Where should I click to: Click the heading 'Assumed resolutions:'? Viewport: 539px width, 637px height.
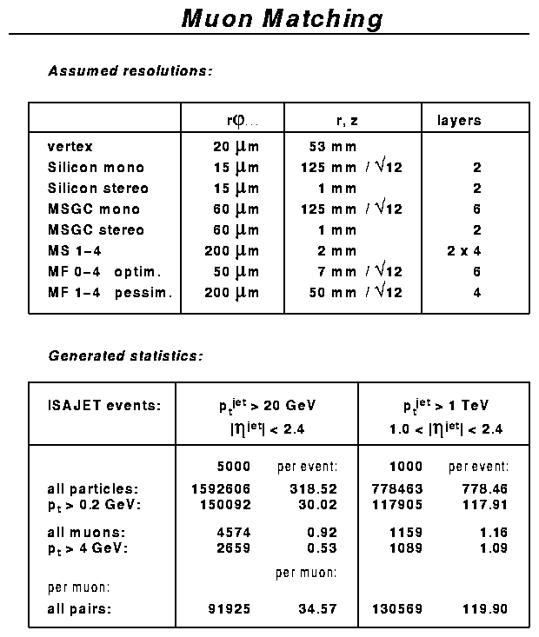[x=130, y=71]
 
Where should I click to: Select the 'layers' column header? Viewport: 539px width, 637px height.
[x=458, y=121]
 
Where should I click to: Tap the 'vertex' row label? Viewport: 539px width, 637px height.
[x=70, y=147]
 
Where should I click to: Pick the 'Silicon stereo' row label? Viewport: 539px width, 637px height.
[x=98, y=189]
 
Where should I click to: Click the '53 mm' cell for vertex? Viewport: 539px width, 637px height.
[x=332, y=147]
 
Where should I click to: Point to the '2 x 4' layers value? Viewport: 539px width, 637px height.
[x=463, y=251]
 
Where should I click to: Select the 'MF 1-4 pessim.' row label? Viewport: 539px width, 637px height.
[x=110, y=293]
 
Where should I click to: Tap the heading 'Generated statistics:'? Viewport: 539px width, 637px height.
[x=125, y=355]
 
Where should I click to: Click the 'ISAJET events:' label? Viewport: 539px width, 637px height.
[x=104, y=405]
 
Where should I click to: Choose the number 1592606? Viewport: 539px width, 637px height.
[x=221, y=489]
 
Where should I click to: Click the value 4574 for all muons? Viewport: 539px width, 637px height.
[x=232, y=531]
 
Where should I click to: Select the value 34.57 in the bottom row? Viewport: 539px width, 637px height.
[x=317, y=609]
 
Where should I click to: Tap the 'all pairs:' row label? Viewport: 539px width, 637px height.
[x=80, y=609]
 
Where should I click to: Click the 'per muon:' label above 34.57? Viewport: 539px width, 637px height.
[x=307, y=573]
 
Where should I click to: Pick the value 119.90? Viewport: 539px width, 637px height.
[x=487, y=609]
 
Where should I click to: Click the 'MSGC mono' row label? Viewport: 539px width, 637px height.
[x=94, y=209]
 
